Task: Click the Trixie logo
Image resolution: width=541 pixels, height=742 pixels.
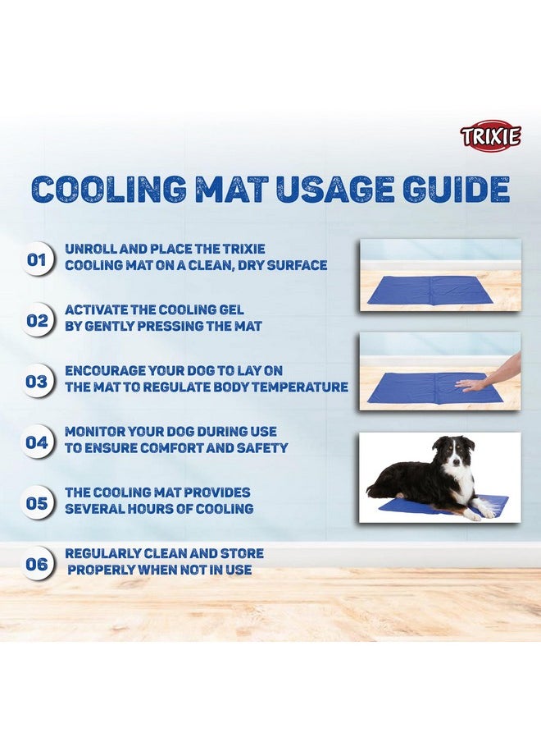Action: (490, 135)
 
